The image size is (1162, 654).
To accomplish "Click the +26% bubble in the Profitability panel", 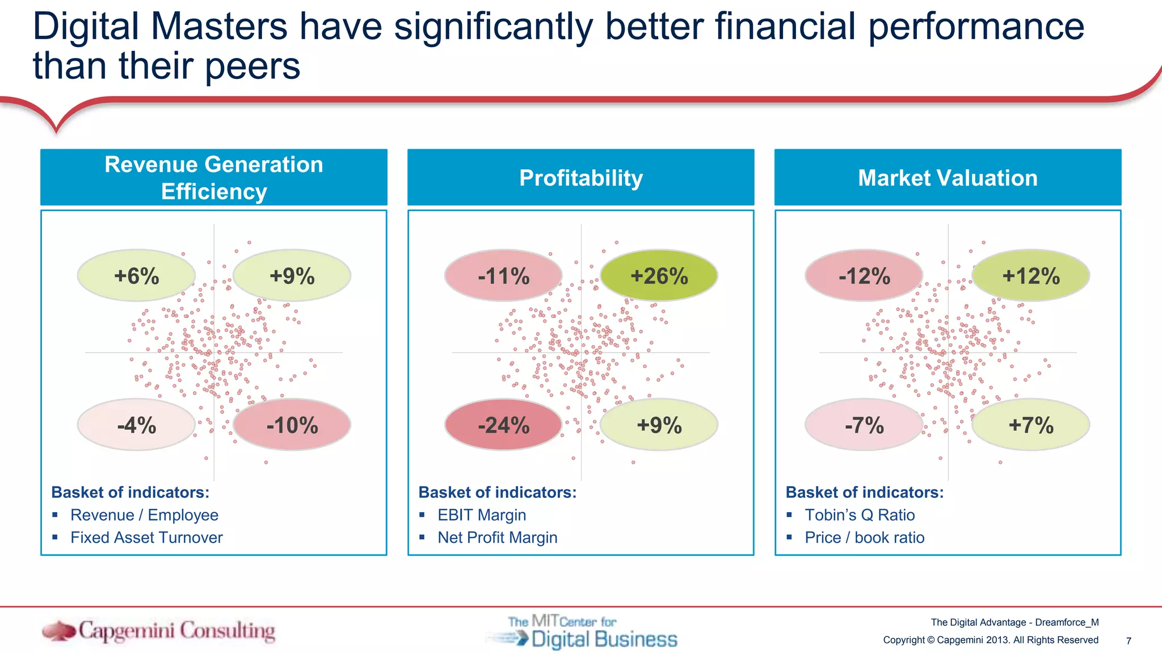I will [659, 276].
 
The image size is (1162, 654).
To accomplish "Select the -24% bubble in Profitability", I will [503, 425].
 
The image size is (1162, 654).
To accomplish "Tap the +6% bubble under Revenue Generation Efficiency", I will [136, 276].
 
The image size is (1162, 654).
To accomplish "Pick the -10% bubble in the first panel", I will [292, 425].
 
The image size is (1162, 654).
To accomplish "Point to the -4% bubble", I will [136, 425].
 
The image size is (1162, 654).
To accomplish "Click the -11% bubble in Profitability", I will [503, 276].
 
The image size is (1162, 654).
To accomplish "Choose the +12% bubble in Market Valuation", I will [1030, 276].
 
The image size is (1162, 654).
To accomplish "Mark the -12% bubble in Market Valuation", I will [864, 276].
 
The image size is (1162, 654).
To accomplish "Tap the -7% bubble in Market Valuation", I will [864, 425].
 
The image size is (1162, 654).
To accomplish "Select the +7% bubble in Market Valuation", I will [1030, 425].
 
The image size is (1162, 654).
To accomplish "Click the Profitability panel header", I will [581, 178].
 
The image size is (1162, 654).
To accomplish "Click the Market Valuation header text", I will [948, 178].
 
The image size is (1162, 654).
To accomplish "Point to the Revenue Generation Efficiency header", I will [214, 178].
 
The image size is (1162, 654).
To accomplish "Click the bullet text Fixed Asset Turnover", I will [146, 538].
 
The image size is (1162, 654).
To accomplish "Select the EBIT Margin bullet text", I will [482, 515].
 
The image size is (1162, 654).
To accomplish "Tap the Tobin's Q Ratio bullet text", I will [860, 515].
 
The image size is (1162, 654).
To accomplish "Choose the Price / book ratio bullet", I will [864, 538].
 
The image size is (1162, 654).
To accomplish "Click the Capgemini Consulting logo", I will [159, 631].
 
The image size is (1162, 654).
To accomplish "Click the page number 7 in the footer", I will [1129, 641].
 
